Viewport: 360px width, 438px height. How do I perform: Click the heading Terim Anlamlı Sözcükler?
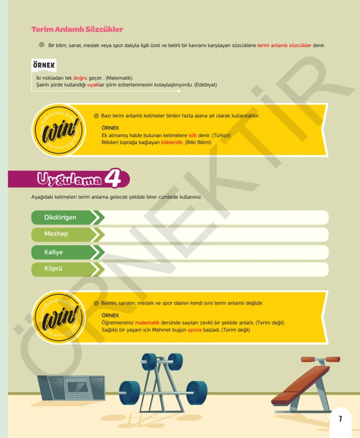pyautogui.click(x=77, y=29)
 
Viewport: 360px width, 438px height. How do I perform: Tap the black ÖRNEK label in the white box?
pyautogui.click(x=44, y=65)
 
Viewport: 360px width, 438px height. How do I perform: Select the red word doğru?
pyautogui.click(x=80, y=78)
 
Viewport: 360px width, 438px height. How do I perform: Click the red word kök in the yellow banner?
pyautogui.click(x=193, y=135)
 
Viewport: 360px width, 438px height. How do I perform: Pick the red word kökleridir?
pyautogui.click(x=172, y=142)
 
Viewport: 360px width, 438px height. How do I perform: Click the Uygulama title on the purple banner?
pyautogui.click(x=69, y=179)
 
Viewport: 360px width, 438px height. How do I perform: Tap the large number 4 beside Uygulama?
pyautogui.click(x=113, y=177)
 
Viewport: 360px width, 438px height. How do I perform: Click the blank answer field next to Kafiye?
pyautogui.click(x=215, y=252)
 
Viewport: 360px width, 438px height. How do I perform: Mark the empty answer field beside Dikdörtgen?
pyautogui.click(x=215, y=217)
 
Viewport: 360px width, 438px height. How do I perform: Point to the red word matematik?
pyautogui.click(x=147, y=323)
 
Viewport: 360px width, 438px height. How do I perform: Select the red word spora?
pyautogui.click(x=194, y=330)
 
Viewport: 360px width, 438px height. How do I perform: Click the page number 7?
pyautogui.click(x=340, y=419)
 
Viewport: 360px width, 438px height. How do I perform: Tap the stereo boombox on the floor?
pyautogui.click(x=71, y=388)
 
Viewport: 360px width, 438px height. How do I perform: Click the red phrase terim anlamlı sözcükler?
pyautogui.click(x=284, y=45)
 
